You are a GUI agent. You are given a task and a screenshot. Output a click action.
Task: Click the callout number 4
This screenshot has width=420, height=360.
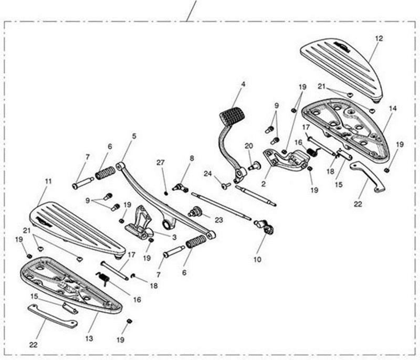(x=243, y=84)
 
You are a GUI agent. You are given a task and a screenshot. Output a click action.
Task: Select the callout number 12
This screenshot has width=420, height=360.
(x=379, y=38)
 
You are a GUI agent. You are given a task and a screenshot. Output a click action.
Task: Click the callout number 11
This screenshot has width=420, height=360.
(x=48, y=182)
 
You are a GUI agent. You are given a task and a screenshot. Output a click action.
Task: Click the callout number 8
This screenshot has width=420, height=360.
(x=192, y=157)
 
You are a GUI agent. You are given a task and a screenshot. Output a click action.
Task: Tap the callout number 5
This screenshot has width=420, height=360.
(x=134, y=136)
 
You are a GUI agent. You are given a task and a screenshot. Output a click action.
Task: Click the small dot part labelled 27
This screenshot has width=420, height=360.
(x=166, y=193)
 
